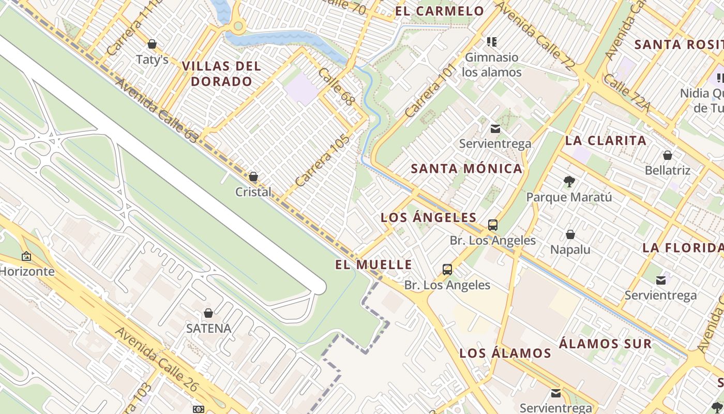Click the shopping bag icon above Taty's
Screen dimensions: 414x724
(152, 44)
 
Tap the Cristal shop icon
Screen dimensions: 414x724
(253, 177)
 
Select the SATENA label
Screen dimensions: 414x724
(208, 328)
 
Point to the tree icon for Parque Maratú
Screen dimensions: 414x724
(569, 181)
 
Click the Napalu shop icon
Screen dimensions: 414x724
(570, 234)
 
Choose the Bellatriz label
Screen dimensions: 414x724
(667, 170)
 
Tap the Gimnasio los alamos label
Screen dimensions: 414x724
(491, 65)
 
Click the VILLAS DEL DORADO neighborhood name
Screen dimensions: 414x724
(221, 73)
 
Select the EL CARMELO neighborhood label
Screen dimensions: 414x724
(440, 11)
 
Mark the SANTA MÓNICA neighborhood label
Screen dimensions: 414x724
(466, 168)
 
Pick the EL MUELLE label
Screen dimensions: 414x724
(373, 264)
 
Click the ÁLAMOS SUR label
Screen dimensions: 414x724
(605, 344)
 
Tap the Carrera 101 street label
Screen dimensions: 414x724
(430, 90)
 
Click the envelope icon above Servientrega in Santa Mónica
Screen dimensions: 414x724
(495, 129)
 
